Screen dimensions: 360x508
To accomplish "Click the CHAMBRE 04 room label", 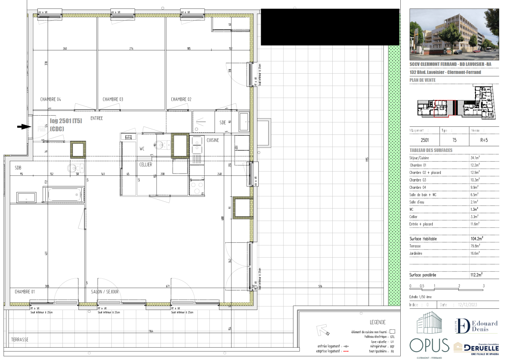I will tap(50, 99).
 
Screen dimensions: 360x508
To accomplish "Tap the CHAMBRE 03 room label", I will tap(112, 99).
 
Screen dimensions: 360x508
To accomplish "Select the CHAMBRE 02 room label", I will tap(181, 99).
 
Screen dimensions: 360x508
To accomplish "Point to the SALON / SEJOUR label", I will tap(104, 292).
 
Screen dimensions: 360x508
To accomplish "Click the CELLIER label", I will tap(145, 164).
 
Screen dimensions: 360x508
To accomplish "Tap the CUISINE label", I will tap(213, 140).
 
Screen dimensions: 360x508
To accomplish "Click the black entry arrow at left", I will tap(23, 126).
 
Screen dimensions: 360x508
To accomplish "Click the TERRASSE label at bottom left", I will tap(20, 339).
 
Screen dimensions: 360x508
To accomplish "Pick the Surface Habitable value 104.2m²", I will tap(476, 239).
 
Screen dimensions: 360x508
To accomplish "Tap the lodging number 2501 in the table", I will tap(425, 141).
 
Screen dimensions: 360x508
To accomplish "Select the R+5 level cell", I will tap(484, 141).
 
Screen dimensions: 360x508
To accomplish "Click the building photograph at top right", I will tap(454, 32).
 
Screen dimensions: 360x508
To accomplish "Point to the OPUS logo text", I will tap(429, 345).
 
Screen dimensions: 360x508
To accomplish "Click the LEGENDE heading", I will tap(378, 322).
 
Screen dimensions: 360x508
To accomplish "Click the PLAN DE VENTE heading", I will tap(422, 80).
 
